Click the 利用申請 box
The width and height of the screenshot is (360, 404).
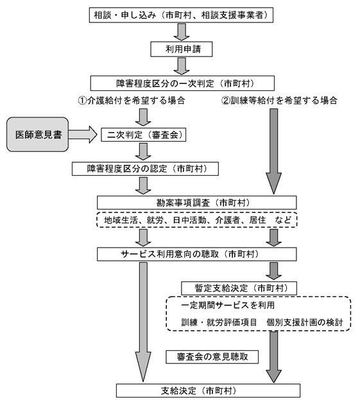[x=182, y=49]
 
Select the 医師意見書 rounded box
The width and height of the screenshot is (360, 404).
[x=38, y=134]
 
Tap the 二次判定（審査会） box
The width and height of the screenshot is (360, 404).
[x=143, y=135]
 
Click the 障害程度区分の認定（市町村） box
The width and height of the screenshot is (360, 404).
[x=145, y=169]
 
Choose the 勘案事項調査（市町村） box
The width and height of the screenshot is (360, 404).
[x=197, y=203]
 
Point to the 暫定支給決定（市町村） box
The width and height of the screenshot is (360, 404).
[x=239, y=288]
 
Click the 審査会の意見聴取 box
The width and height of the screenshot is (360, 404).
[x=212, y=357]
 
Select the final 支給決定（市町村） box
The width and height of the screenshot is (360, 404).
[x=208, y=391]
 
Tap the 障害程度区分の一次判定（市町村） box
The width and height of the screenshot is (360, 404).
[x=182, y=83]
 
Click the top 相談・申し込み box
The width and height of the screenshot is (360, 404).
[x=181, y=15]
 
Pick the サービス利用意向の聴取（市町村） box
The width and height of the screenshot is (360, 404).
[x=197, y=255]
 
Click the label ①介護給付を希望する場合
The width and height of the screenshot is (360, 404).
[x=132, y=100]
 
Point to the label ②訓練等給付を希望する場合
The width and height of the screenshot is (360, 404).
[x=280, y=100]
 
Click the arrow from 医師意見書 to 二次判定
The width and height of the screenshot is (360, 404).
[x=83, y=135]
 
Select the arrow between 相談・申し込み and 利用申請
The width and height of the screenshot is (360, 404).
[x=182, y=32]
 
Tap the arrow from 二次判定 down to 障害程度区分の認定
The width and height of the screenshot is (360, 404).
[x=143, y=152]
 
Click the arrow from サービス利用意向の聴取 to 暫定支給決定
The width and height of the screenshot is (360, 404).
[x=273, y=271]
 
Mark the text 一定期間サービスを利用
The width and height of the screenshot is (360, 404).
[x=228, y=305]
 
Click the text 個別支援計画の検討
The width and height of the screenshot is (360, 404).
[x=305, y=323]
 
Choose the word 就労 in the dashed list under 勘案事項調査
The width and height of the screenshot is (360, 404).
[x=155, y=220]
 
